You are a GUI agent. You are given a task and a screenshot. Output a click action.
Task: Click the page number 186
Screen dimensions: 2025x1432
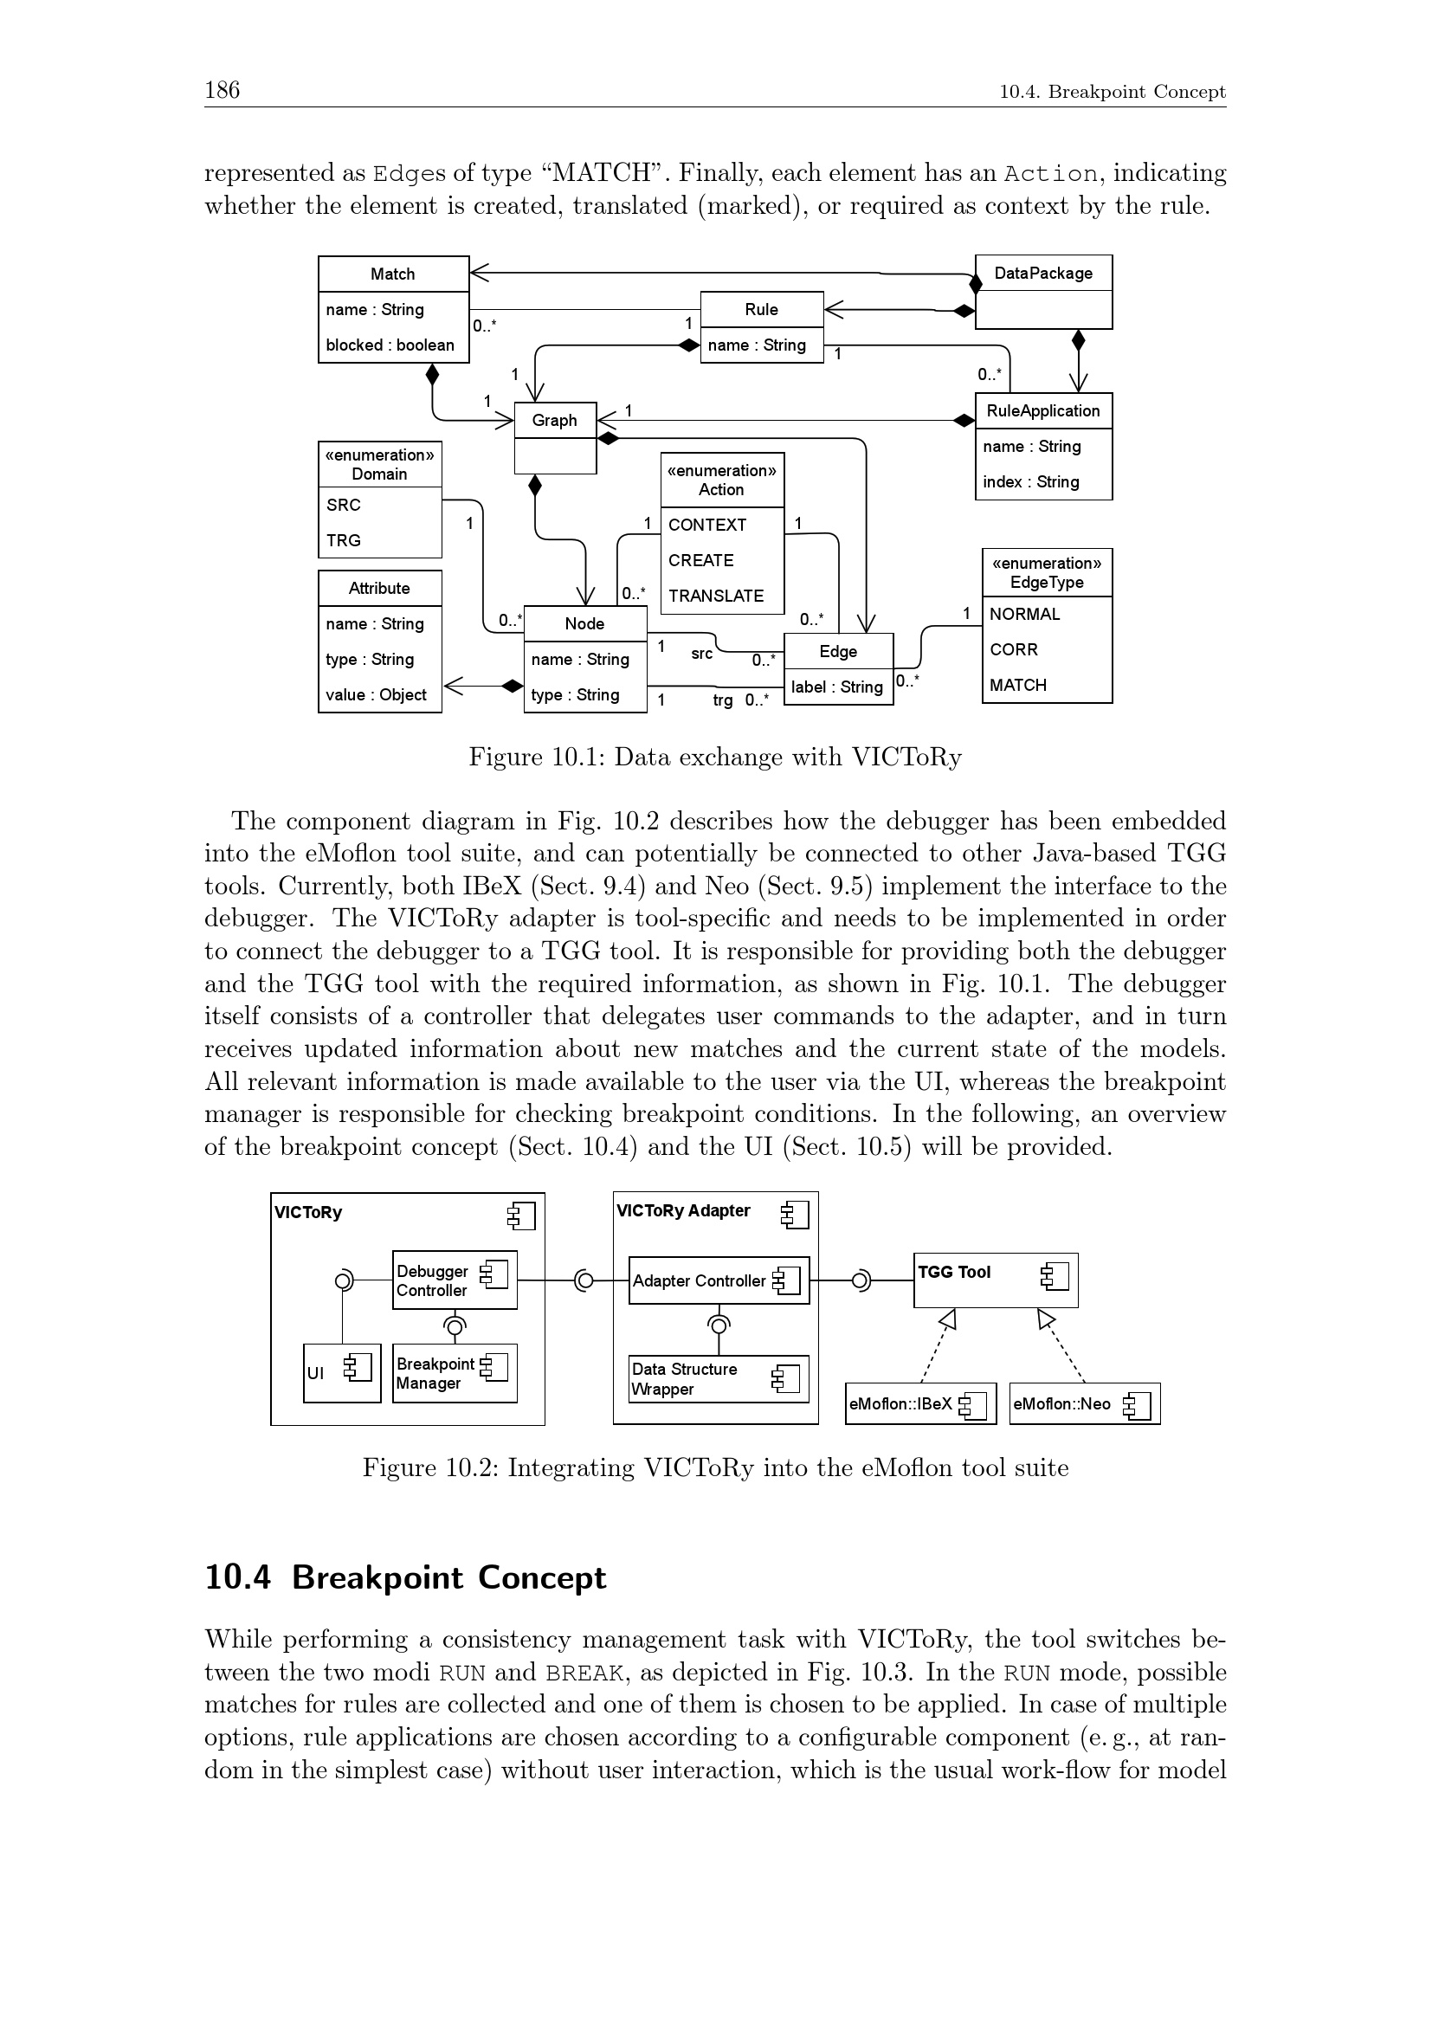(222, 90)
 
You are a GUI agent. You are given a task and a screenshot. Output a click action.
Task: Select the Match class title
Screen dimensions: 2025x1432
(392, 274)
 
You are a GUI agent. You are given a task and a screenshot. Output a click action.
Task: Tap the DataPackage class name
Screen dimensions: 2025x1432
(1043, 274)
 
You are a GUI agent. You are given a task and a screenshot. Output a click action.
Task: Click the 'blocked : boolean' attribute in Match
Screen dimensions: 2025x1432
(390, 345)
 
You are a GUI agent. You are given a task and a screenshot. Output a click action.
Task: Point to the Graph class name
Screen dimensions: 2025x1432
(555, 421)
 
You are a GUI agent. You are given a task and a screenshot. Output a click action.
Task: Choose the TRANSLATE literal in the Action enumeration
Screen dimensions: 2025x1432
(716, 596)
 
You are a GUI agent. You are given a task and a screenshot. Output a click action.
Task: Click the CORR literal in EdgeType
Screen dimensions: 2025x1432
(1014, 649)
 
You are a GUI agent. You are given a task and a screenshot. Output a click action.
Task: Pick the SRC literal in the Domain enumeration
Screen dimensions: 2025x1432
(344, 505)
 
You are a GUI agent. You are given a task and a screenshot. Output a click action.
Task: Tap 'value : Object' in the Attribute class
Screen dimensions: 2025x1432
(377, 694)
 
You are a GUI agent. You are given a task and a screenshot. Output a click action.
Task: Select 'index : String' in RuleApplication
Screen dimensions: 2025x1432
(1031, 481)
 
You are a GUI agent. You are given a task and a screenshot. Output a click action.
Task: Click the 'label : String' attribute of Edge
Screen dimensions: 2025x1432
(837, 687)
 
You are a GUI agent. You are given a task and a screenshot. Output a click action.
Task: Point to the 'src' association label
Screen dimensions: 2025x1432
(702, 654)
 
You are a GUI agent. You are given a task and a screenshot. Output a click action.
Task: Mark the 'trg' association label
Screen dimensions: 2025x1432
(723, 700)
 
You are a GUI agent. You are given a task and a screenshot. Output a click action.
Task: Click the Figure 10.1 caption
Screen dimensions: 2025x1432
(715, 757)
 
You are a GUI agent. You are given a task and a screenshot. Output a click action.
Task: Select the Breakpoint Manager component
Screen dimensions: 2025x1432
(455, 1372)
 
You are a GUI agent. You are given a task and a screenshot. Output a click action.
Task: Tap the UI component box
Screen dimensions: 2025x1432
(341, 1372)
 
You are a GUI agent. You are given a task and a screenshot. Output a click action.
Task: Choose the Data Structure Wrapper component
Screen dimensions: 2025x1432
(719, 1378)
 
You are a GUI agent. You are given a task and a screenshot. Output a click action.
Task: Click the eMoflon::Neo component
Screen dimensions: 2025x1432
(1084, 1403)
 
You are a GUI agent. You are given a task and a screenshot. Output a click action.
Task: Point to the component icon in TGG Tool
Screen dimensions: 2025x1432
(1055, 1275)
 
